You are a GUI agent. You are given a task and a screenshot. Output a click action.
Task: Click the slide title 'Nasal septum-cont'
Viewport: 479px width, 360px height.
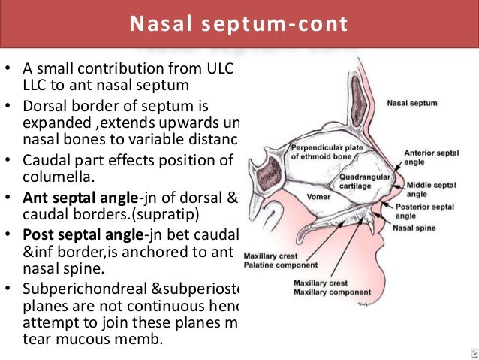coord(239,25)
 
